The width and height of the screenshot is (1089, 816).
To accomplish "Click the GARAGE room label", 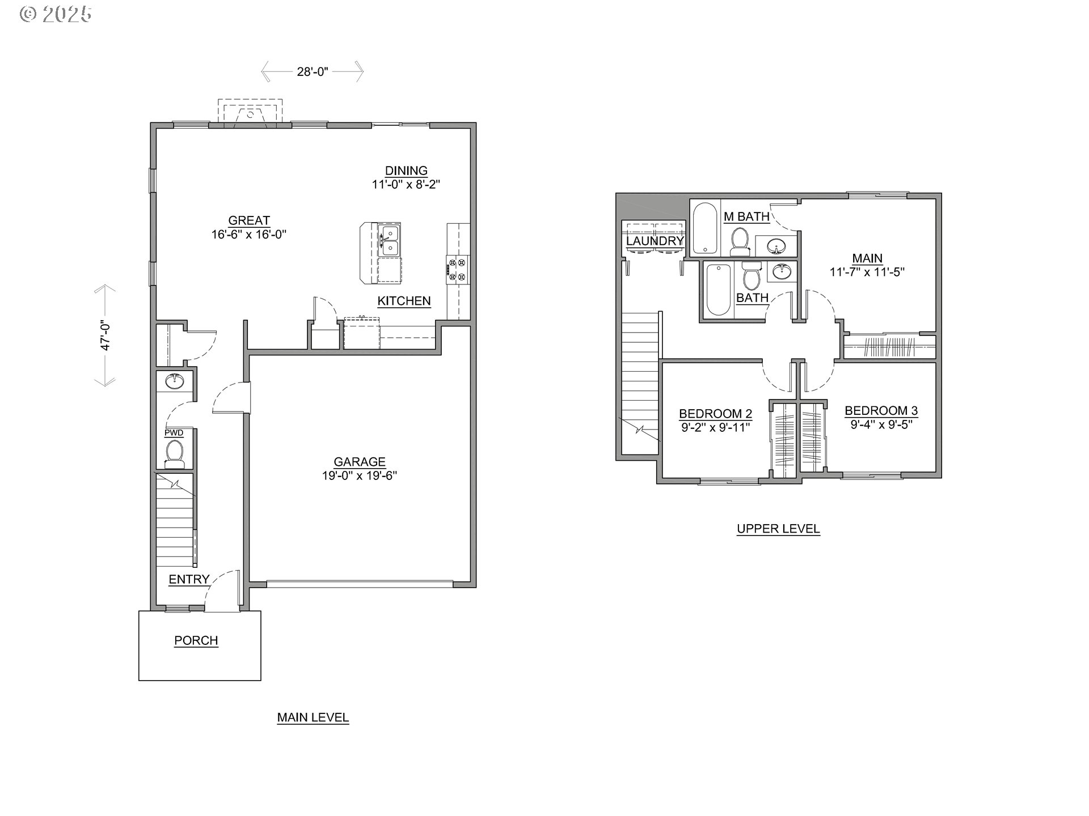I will (x=359, y=462).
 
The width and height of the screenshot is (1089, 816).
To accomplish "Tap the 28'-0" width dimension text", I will (x=313, y=72).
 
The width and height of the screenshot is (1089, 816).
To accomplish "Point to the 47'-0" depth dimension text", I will (x=105, y=335).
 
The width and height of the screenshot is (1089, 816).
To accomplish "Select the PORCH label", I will (x=196, y=640).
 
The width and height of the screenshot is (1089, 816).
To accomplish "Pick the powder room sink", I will (x=175, y=381).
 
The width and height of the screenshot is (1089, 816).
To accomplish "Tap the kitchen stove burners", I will (x=457, y=270).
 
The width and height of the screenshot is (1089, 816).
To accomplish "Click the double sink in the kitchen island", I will (x=389, y=240).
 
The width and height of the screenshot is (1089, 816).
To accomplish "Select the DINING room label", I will (x=406, y=171).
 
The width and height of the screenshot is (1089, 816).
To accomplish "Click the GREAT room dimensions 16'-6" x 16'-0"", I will (x=249, y=235).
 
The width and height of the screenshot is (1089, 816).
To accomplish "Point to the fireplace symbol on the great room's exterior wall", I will (x=250, y=114).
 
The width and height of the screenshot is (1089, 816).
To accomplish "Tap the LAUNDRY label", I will (x=655, y=241).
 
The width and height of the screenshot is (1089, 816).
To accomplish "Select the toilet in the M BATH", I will (x=739, y=241).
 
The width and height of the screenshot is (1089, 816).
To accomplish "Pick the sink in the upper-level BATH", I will (x=782, y=271).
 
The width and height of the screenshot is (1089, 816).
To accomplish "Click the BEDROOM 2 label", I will (x=716, y=414).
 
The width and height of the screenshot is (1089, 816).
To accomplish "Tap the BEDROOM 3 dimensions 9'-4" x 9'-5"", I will (x=881, y=424).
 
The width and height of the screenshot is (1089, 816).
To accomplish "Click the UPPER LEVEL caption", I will (x=778, y=529).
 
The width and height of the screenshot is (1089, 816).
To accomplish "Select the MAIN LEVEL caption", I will (x=313, y=717).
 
